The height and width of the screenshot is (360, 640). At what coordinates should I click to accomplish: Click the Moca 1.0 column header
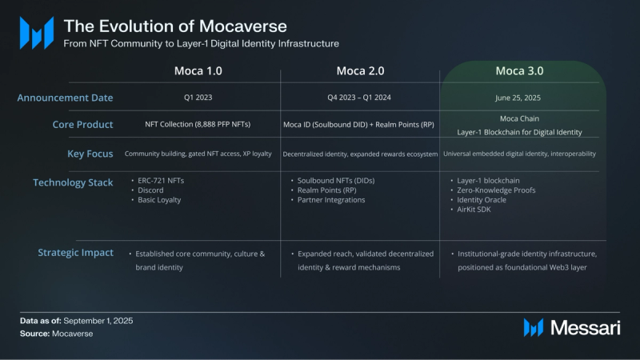pos(198,71)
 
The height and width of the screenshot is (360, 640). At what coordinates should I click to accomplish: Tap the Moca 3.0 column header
pos(520,71)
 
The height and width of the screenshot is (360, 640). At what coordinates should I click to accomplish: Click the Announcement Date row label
pos(66,98)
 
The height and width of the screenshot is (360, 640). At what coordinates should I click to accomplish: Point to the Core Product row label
pos(82,125)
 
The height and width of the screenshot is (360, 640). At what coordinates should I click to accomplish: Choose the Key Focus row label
pos(90,153)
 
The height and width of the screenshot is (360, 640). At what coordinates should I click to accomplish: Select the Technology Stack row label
pos(73,182)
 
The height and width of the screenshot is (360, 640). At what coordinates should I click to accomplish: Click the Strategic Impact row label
pos(75,253)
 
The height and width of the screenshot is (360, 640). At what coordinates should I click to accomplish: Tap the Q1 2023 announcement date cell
pos(198,98)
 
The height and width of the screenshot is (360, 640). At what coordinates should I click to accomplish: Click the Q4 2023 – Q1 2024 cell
pos(360,98)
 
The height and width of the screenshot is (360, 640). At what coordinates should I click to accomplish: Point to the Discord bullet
pos(151,190)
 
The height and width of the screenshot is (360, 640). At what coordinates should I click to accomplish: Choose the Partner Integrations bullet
pos(330,200)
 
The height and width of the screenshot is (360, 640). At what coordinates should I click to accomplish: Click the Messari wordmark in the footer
pos(586,326)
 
